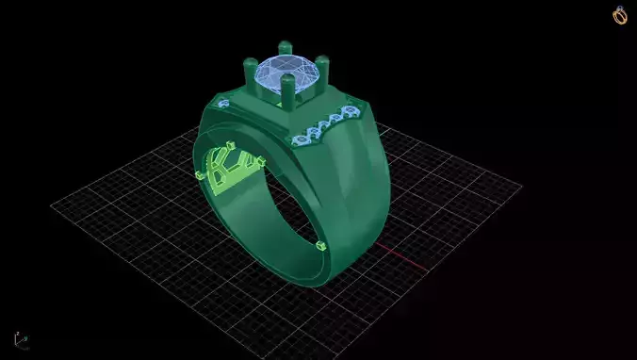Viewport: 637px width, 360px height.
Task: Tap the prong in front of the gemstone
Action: (287, 92)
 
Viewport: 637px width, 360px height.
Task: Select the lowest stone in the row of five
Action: (301, 140)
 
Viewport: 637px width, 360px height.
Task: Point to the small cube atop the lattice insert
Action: (231, 144)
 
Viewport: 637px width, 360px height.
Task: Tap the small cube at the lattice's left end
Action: (197, 175)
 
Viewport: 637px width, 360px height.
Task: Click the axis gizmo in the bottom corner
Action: (18, 338)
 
